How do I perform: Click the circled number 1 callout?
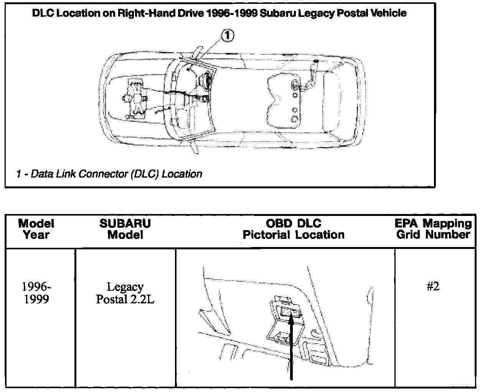[x=227, y=36]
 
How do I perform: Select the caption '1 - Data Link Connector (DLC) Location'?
[x=109, y=174]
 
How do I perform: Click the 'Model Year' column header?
[x=36, y=229]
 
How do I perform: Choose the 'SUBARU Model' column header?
[x=125, y=229]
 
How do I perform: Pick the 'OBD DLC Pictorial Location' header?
[x=294, y=229]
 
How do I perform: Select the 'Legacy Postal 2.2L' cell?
[x=125, y=293]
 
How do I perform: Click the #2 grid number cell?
[x=433, y=287]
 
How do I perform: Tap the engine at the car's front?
[x=134, y=98]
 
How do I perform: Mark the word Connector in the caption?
[x=103, y=174]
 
